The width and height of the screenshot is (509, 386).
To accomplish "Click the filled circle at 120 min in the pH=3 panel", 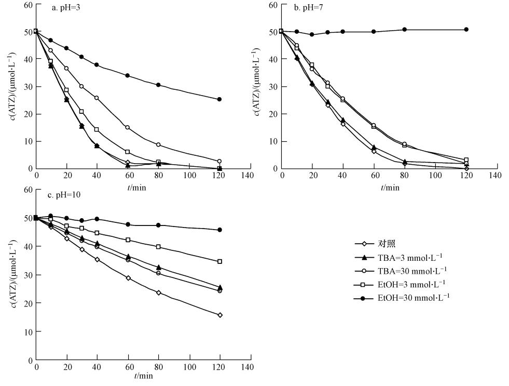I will tap(219, 99).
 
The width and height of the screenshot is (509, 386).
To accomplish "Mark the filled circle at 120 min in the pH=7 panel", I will tap(466, 30).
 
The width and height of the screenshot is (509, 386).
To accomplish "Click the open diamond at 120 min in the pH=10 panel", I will tap(219, 315).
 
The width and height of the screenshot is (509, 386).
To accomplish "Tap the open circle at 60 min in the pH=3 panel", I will tap(128, 127).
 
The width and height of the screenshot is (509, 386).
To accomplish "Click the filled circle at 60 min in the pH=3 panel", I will tap(128, 76).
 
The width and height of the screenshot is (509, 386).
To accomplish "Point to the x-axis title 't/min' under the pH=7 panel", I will tap(391, 187).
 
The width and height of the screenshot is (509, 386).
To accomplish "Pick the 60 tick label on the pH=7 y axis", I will tap(272, 5).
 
